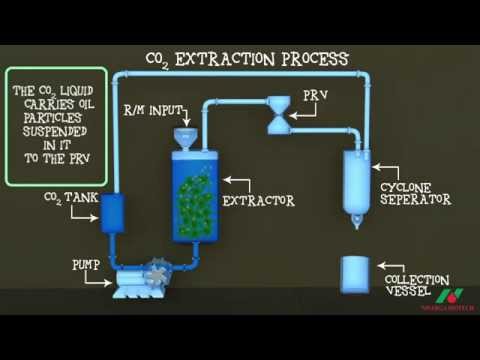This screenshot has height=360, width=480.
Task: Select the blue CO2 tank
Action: coord(112,212)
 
